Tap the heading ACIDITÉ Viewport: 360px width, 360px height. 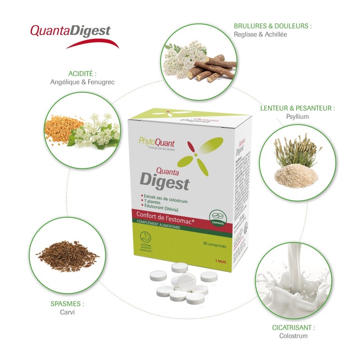click(82, 73)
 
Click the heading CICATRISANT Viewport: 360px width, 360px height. click(294, 328)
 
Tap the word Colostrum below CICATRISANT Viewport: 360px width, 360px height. click(294, 336)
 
